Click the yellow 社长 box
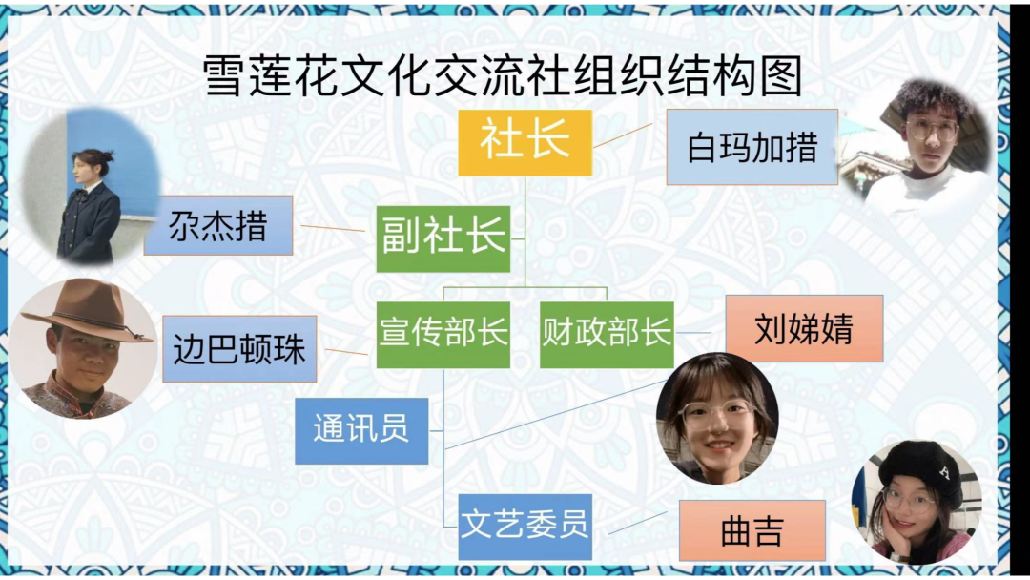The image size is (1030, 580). pos(525,142)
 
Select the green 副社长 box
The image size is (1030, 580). pos(443,238)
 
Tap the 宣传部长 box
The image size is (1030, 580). pos(443,334)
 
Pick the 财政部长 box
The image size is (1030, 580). pos(607,334)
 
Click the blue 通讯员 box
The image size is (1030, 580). pos(361,430)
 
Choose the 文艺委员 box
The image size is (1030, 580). pos(525,527)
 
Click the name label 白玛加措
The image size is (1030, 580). pos(752,147)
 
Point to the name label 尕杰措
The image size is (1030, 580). pos(218,225)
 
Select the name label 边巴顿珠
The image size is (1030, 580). pos(239,349)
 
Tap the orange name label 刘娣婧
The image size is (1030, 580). pos(804,329)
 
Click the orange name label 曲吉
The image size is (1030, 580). pos(752,530)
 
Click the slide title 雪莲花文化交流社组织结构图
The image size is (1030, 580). pos(502,75)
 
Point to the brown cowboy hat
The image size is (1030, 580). pos(88,311)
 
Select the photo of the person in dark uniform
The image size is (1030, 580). pos(90,187)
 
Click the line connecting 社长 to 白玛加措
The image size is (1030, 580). pos(623,135)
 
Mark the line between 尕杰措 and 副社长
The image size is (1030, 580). pos(333,229)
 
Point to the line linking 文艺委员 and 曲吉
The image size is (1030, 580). pos(637,523)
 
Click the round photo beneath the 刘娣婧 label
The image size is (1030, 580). pos(717,419)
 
